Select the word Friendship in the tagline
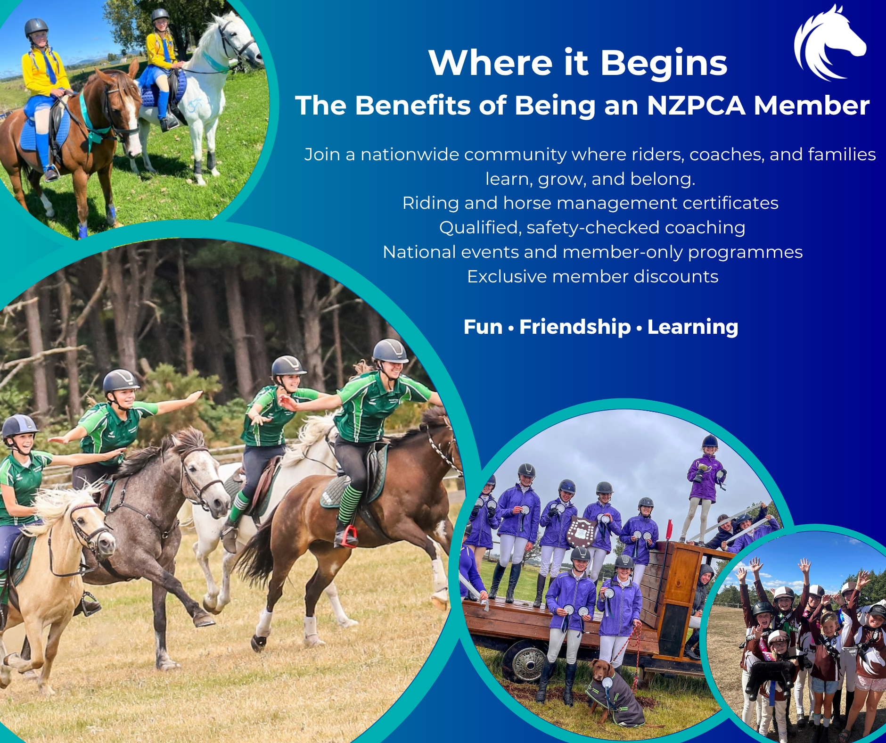click(575, 327)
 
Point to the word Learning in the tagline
click(693, 327)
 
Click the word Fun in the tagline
click(483, 327)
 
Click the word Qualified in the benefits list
click(480, 228)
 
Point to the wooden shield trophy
click(581, 532)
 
